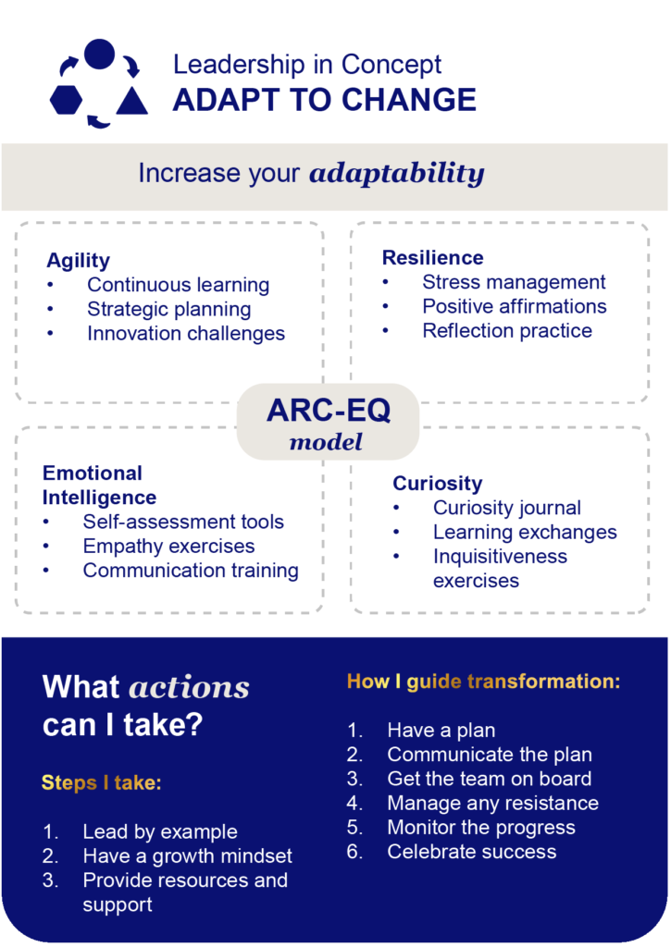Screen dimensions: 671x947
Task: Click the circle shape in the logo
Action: [x=99, y=54]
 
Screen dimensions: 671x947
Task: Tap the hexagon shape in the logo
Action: [x=66, y=100]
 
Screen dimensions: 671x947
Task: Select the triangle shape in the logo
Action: [x=131, y=100]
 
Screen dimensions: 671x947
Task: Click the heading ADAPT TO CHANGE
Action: [x=325, y=100]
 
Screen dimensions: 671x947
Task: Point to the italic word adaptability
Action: [x=397, y=173]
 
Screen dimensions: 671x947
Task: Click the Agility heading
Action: [x=78, y=260]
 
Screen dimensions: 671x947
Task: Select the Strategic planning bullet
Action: [x=168, y=309]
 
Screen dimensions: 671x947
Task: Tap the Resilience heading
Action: [x=433, y=258]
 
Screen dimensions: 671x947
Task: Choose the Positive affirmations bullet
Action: [x=515, y=306]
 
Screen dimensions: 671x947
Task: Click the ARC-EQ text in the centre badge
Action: [x=329, y=410]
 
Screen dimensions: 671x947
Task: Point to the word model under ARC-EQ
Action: [x=327, y=442]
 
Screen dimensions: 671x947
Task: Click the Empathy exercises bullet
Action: [x=168, y=546]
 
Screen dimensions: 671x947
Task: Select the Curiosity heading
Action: [x=438, y=483]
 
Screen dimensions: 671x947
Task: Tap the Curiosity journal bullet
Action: [x=507, y=508]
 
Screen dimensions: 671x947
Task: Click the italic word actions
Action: [x=189, y=687]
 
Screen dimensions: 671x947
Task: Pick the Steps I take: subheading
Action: [x=102, y=782]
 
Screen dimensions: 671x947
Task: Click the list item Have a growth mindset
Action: [x=187, y=855]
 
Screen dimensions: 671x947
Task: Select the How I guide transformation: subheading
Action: [x=484, y=682]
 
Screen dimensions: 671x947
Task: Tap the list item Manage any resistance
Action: [x=493, y=804]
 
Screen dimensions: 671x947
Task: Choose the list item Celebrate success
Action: [x=472, y=852]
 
